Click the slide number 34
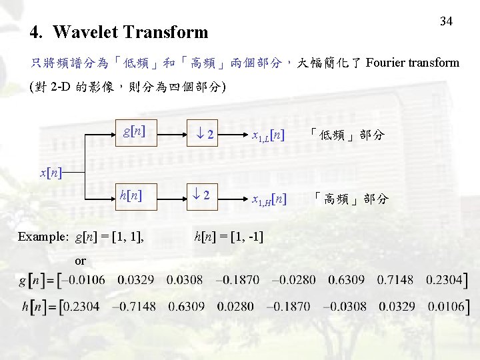point(446,21)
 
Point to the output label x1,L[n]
point(269,136)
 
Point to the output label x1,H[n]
point(269,198)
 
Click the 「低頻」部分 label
point(347,135)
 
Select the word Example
point(43,237)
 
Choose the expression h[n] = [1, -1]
point(227,236)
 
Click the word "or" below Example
point(81,261)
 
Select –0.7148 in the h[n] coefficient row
point(138,307)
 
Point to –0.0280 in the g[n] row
point(293,280)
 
